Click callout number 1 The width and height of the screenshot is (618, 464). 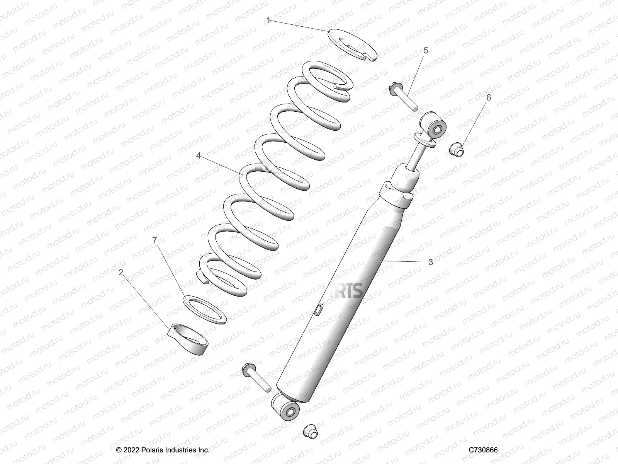tap(268, 20)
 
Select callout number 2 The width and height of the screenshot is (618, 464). tap(121, 273)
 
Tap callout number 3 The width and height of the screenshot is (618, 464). tap(431, 262)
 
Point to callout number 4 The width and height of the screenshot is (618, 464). tap(199, 155)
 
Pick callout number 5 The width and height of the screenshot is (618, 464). tap(426, 50)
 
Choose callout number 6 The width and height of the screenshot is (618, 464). tap(489, 97)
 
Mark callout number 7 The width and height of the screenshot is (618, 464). tap(154, 241)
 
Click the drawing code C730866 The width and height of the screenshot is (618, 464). tap(483, 450)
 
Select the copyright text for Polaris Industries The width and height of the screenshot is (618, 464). tap(163, 450)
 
